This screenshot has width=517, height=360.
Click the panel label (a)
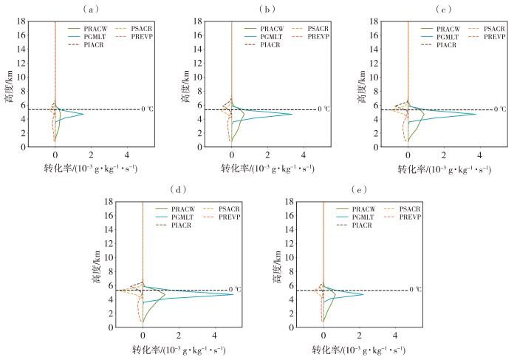[90, 9]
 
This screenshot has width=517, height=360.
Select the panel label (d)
[178, 189]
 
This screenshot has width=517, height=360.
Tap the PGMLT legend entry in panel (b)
[264, 37]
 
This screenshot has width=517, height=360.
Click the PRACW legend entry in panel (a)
[89, 29]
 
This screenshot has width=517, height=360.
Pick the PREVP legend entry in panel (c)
[487, 37]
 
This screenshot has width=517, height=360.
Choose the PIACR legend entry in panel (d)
[174, 225]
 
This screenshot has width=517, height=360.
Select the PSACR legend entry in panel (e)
[403, 209]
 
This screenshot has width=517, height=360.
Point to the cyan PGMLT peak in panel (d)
[233, 294]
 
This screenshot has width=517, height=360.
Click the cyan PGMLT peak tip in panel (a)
[83, 114]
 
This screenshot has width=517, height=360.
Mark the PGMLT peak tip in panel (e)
[363, 294]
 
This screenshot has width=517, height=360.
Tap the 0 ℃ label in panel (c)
[500, 109]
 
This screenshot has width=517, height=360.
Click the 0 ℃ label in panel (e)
[415, 289]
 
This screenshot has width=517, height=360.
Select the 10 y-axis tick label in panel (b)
[197, 77]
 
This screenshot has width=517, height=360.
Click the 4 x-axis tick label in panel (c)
[480, 155]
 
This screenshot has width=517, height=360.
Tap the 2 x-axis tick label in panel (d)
[179, 336]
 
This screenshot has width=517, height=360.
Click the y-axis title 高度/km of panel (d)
[96, 265]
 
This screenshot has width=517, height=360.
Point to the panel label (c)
[443, 9]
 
